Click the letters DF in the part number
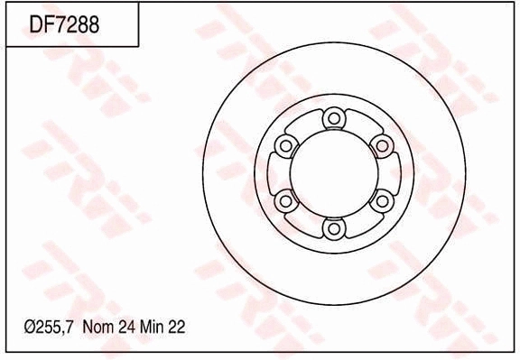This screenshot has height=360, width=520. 42,24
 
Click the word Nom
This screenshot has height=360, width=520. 97,328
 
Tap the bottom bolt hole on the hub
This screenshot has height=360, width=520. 334,228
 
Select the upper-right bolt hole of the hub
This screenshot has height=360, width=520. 382,145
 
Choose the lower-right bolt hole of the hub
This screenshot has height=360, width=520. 382,200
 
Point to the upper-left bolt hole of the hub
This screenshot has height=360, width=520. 286,145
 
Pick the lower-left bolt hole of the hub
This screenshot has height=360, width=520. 286,200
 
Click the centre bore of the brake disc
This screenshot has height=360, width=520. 334,172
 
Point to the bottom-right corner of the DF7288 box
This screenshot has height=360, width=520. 138,46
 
